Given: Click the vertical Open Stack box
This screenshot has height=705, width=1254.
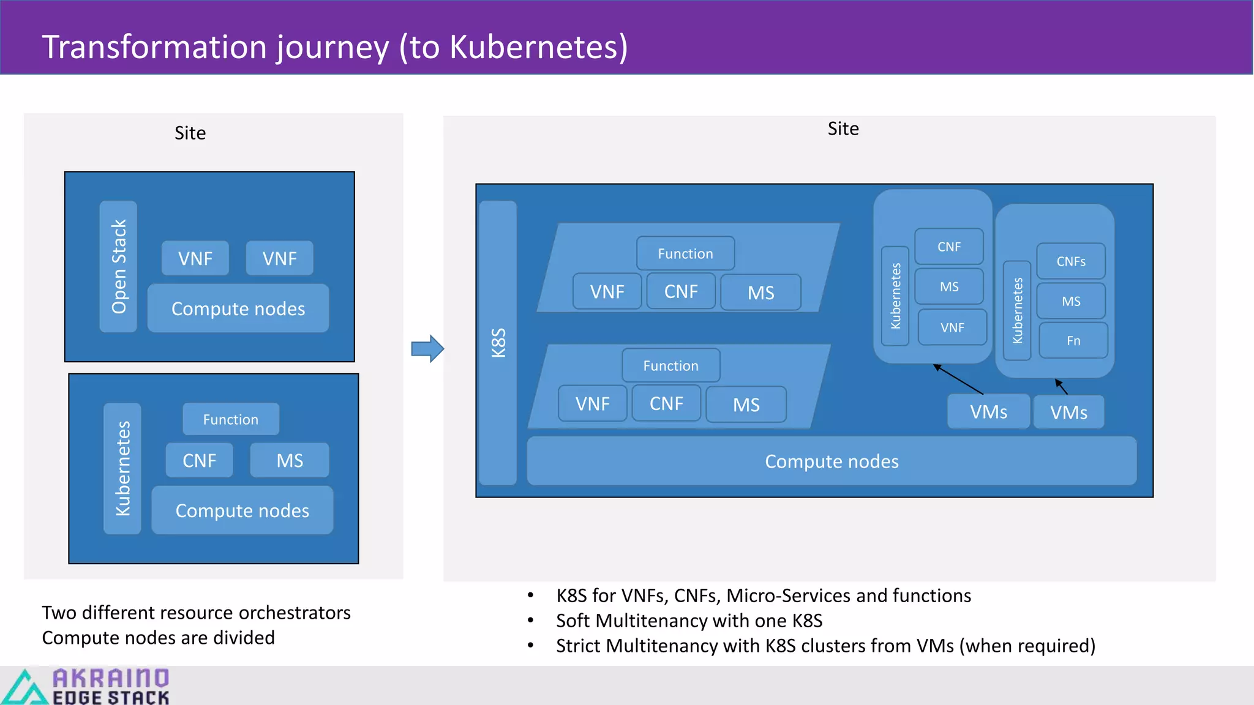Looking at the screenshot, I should pyautogui.click(x=118, y=266).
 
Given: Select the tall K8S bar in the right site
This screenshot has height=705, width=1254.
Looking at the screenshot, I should pyautogui.click(x=498, y=343).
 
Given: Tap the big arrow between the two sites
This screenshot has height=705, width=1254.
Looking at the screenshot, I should pyautogui.click(x=427, y=349).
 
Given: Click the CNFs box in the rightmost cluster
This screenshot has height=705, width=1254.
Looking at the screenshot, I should pyautogui.click(x=1070, y=261).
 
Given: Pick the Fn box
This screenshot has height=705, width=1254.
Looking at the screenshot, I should pyautogui.click(x=1073, y=341).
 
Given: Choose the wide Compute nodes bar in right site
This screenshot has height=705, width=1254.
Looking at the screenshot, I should pyautogui.click(x=831, y=461).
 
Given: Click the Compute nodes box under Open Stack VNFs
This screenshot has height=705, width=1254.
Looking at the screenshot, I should pyautogui.click(x=238, y=308).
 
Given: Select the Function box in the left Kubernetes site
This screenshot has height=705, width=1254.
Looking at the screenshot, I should pyautogui.click(x=230, y=419).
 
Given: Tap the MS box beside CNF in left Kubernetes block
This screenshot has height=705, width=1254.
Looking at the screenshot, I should pyautogui.click(x=289, y=460).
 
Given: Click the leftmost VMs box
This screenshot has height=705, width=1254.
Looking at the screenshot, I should pyautogui.click(x=988, y=412).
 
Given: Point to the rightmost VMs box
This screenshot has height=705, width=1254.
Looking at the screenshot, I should pyautogui.click(x=1068, y=412).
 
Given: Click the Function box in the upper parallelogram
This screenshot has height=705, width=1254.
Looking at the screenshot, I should pyautogui.click(x=685, y=253).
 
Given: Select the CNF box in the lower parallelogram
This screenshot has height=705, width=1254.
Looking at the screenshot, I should pyautogui.click(x=666, y=403).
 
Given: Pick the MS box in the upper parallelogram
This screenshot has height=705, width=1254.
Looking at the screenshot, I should pyautogui.click(x=760, y=293).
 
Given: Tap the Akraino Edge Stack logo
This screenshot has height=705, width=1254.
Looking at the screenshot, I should pyautogui.click(x=86, y=685).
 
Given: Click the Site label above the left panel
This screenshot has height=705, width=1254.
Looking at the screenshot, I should pyautogui.click(x=190, y=133).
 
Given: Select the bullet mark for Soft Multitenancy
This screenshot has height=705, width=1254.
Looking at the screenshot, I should pyautogui.click(x=530, y=621).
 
